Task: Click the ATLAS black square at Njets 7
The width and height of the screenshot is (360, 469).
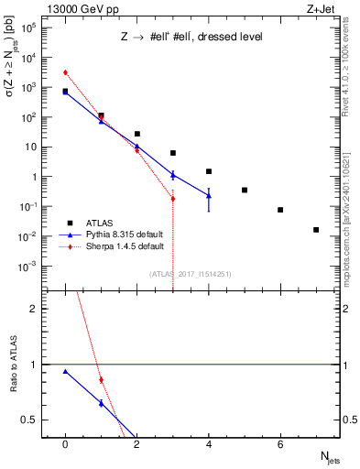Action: click(316, 230)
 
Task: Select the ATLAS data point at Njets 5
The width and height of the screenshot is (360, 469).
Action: click(245, 190)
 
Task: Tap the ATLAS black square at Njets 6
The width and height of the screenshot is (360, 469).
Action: click(280, 210)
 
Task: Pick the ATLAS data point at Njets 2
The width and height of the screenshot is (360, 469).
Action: click(136, 134)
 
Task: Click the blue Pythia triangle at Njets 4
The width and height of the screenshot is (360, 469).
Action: click(209, 195)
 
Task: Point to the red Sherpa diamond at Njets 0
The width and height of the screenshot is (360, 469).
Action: click(65, 72)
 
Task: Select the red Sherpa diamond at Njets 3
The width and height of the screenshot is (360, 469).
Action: click(173, 198)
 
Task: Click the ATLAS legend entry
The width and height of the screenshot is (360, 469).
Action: click(101, 223)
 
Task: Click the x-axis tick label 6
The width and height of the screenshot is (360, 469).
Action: click(280, 444)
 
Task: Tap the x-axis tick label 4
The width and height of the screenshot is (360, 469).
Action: click(209, 444)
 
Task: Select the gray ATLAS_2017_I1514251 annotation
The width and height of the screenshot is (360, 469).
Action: click(190, 273)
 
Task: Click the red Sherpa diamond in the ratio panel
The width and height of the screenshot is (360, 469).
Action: click(101, 379)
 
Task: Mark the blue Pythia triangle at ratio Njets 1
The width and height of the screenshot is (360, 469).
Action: click(101, 403)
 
